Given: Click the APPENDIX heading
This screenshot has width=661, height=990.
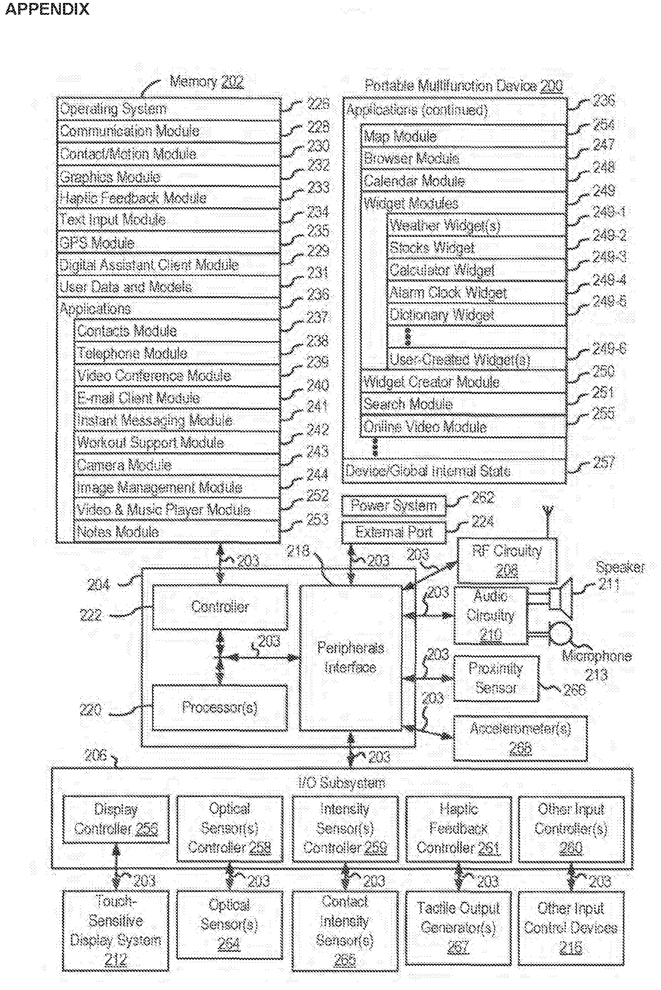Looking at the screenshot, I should click(x=47, y=9).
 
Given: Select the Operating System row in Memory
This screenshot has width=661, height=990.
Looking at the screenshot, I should click(x=169, y=109).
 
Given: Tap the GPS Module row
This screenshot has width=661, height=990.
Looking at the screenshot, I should click(x=169, y=243).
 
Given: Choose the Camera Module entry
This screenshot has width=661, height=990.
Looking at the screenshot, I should click(x=177, y=465).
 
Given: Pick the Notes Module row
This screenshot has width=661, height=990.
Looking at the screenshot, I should click(x=177, y=532).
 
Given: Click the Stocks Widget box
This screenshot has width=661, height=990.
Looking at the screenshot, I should click(x=476, y=247).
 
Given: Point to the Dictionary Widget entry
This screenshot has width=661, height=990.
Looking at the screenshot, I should click(x=476, y=315).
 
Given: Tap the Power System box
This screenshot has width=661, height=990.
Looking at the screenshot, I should click(x=394, y=505).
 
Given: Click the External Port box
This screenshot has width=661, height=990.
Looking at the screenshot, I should click(x=394, y=532).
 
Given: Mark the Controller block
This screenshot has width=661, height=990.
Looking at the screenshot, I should click(x=219, y=606).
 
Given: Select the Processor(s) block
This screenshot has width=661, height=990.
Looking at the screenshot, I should click(x=219, y=707).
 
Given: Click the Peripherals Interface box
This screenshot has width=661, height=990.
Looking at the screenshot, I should click(x=350, y=658).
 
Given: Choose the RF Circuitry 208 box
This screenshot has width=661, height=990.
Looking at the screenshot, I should click(x=507, y=560).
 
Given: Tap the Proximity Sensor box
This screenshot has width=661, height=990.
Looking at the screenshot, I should click(x=496, y=678).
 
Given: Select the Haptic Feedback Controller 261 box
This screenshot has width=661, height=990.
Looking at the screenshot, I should click(x=458, y=828).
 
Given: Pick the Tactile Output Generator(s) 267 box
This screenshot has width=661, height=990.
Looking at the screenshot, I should click(x=458, y=928).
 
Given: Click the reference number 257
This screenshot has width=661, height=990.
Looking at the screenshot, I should click(x=604, y=462).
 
